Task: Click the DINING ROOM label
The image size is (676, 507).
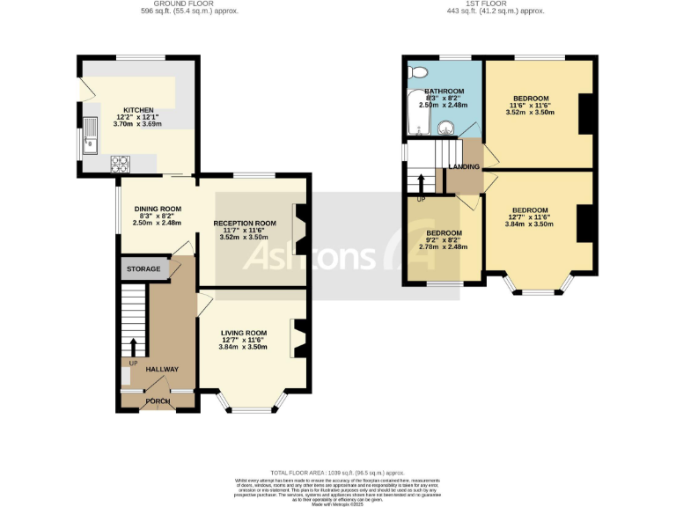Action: (158, 209)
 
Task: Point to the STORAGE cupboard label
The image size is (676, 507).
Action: (143, 268)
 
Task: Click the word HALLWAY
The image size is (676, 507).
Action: (162, 370)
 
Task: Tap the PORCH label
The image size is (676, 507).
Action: (158, 401)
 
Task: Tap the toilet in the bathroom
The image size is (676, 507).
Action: (418, 72)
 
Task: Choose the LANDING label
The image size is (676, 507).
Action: (464, 166)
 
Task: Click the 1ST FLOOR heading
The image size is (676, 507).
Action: (496, 4)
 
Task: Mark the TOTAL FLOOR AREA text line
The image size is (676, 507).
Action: (338, 473)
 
